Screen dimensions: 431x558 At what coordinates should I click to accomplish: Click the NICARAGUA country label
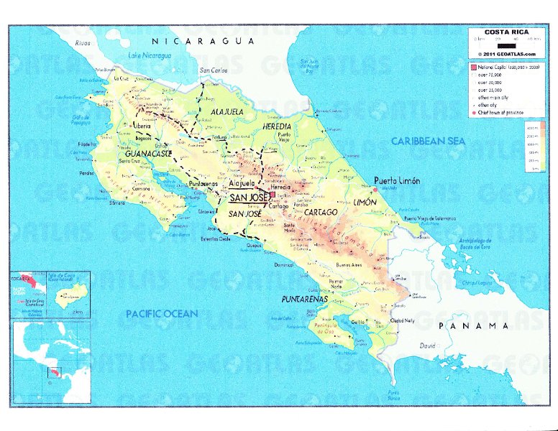[x=209, y=42]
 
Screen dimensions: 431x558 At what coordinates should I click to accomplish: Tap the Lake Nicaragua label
[x=150, y=56]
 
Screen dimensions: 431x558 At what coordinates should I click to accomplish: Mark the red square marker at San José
[x=273, y=195]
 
